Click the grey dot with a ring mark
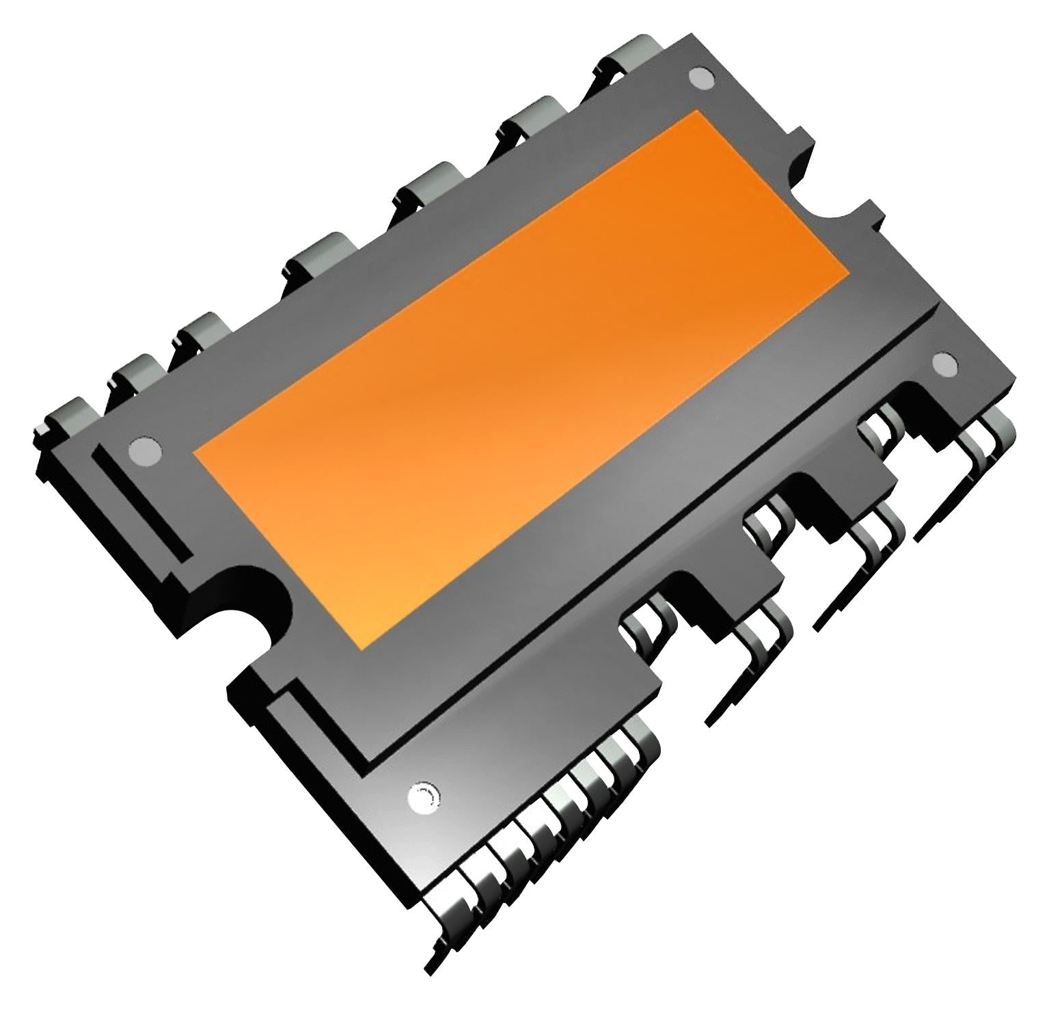424,796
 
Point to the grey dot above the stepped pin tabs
946,364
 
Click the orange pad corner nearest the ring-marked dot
364,646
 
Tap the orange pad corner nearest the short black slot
197,453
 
